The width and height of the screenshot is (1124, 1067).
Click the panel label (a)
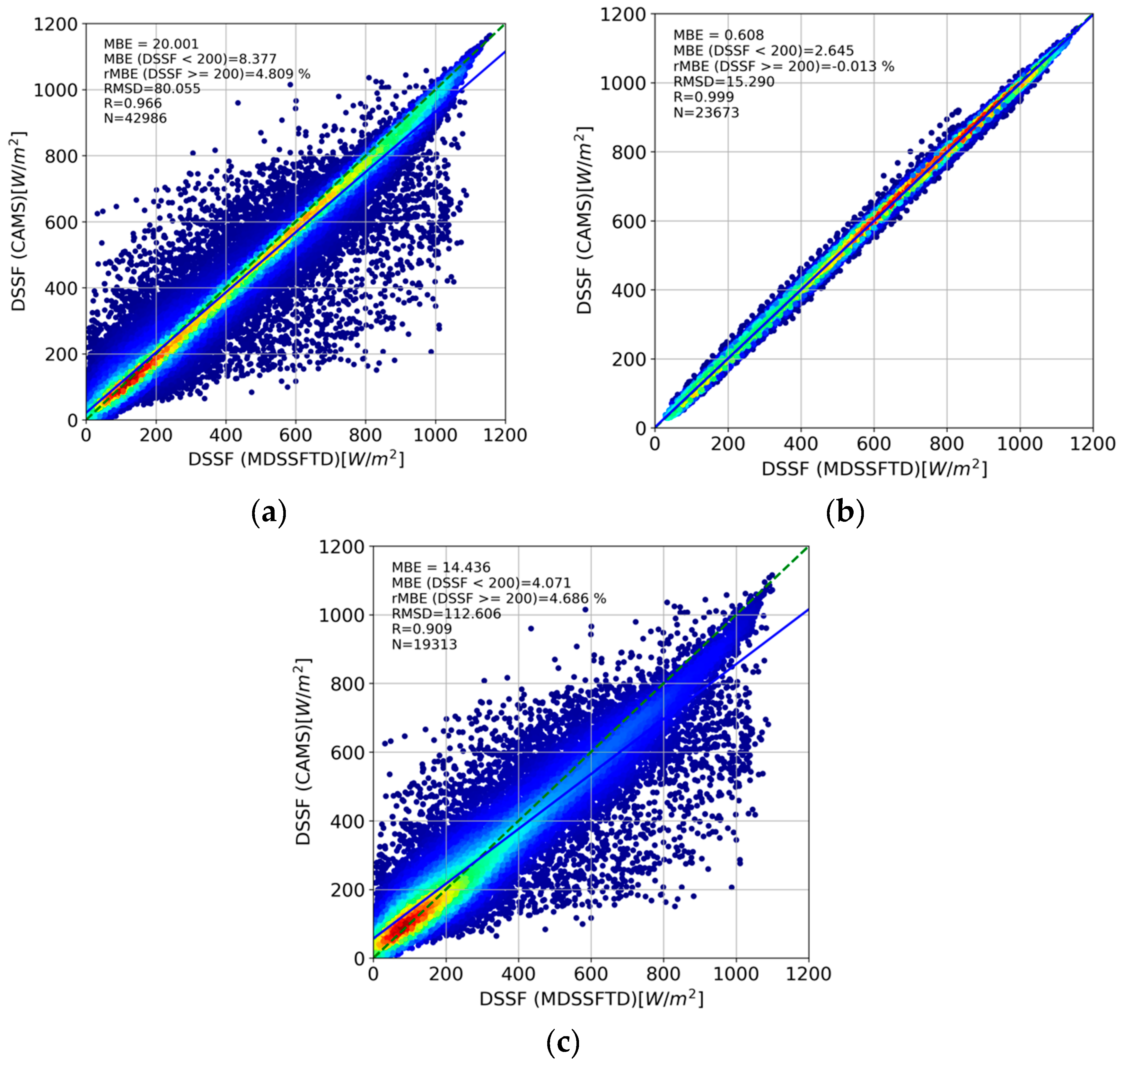click(268, 513)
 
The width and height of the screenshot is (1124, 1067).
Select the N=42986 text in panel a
click(136, 118)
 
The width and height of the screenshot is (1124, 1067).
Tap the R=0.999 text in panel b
click(703, 97)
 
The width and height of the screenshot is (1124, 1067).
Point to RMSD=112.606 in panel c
click(446, 614)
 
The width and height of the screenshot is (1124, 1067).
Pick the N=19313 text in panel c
click(424, 644)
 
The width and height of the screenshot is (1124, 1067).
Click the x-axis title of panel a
click(296, 459)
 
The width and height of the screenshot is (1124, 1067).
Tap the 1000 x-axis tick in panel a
click(435, 436)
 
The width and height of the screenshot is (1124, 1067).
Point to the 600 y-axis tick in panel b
click(629, 221)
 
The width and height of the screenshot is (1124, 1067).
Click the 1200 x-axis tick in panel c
click(808, 974)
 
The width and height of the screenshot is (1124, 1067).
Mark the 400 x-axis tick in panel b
click(800, 443)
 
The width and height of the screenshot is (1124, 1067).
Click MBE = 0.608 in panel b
click(718, 35)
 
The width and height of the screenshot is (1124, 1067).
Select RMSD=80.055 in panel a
click(152, 89)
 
